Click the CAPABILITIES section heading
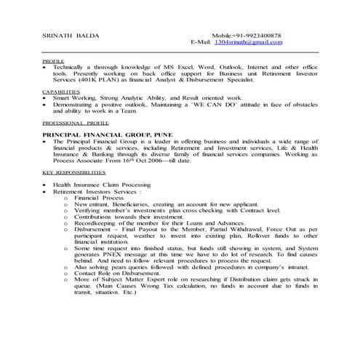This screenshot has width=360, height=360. [61, 92]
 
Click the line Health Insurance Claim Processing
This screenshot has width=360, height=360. [101, 185]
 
